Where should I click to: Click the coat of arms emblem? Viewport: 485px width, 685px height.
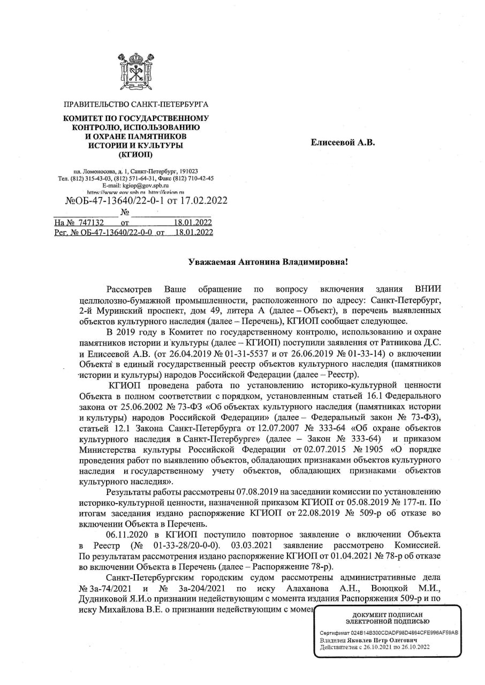click(x=136, y=73)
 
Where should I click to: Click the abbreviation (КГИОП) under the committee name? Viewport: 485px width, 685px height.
click(x=135, y=155)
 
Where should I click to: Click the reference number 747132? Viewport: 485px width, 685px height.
click(x=86, y=222)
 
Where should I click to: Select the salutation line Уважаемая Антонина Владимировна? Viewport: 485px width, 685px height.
click(x=268, y=262)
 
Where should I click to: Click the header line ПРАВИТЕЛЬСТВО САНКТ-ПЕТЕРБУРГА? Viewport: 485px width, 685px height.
click(x=136, y=104)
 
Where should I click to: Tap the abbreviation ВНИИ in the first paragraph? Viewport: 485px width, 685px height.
click(x=428, y=289)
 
